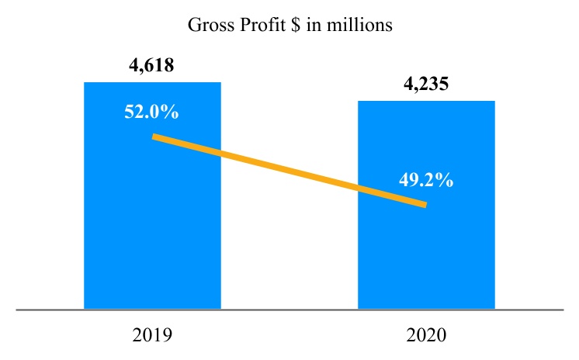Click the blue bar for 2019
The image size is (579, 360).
click(x=152, y=233)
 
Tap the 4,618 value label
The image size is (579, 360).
click(x=151, y=65)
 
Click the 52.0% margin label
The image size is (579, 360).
click(x=151, y=112)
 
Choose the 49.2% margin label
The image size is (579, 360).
click(x=426, y=180)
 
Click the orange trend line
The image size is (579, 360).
click(x=289, y=171)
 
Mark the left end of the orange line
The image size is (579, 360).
click(x=155, y=137)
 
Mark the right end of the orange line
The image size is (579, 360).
click(x=425, y=204)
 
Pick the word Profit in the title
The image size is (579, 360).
click(x=258, y=26)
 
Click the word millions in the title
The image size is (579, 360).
click(x=363, y=26)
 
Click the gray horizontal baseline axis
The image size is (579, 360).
click(x=289, y=310)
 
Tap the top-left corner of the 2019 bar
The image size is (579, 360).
click(x=85, y=82)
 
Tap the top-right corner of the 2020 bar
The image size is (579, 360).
click(x=494, y=101)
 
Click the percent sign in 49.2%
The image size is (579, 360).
click(x=445, y=180)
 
